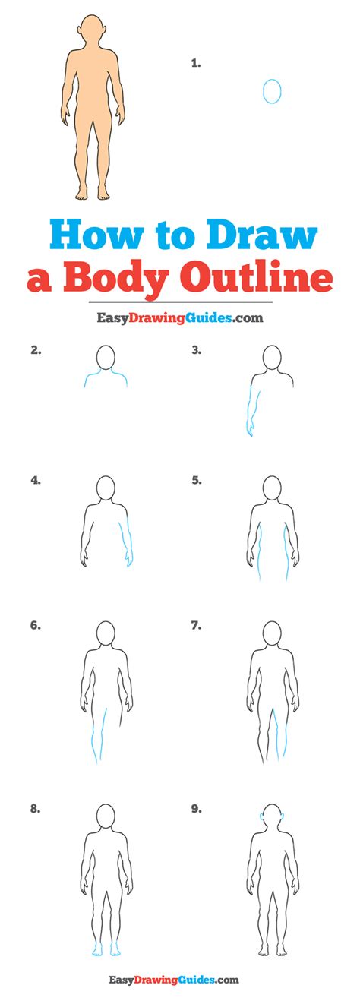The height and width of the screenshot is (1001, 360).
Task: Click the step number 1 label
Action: [x=196, y=65]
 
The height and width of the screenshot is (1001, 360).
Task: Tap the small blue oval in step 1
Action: [x=272, y=91]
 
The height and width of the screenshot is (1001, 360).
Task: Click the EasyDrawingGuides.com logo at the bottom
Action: [x=180, y=980]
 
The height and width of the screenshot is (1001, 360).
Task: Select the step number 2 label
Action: [x=36, y=350]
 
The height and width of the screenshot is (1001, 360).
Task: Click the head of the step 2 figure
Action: [x=106, y=357]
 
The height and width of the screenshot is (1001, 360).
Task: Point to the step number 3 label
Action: [x=196, y=350]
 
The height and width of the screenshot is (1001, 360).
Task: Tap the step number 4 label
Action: [x=36, y=480]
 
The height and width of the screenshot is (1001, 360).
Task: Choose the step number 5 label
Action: [x=196, y=480]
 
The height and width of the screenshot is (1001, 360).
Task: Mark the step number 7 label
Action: [x=196, y=626]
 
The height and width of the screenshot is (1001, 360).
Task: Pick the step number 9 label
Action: [x=196, y=810]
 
